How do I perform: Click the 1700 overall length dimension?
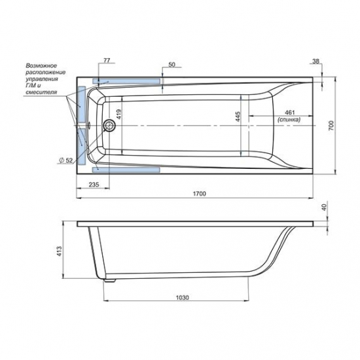[199, 194]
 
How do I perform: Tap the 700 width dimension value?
[331, 126]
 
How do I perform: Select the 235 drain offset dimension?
[94, 185]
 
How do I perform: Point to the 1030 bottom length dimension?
[183, 298]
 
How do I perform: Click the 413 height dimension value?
[59, 251]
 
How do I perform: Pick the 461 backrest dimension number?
[289, 113]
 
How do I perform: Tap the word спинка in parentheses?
[289, 120]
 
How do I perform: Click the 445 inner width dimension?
[238, 117]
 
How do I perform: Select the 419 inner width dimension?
[118, 114]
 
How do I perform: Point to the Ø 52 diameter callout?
[66, 160]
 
